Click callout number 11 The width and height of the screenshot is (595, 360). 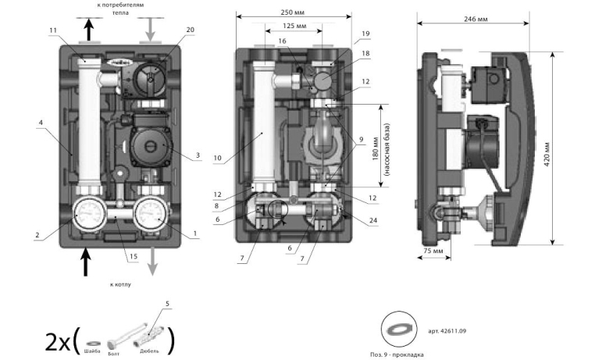(53, 30)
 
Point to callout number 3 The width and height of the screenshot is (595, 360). (198, 155)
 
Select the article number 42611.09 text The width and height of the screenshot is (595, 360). (447, 331)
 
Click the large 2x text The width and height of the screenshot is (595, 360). (59, 341)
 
